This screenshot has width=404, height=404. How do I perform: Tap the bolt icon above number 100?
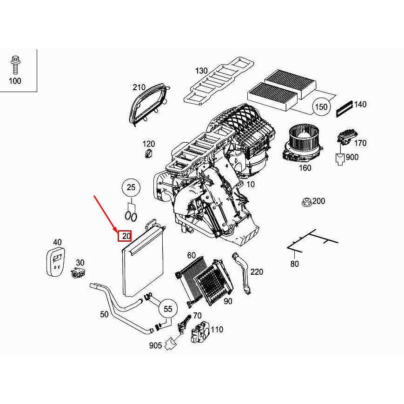[15, 64]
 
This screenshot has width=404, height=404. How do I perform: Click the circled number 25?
[132, 187]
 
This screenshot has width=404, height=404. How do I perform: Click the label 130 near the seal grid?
[201, 71]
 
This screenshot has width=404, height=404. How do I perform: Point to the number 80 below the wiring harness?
[294, 264]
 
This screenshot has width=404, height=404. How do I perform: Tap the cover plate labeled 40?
[56, 263]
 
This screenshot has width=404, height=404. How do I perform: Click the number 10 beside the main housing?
[251, 184]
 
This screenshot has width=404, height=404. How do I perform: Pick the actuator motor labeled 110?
[200, 332]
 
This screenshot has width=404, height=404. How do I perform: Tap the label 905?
[156, 345]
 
